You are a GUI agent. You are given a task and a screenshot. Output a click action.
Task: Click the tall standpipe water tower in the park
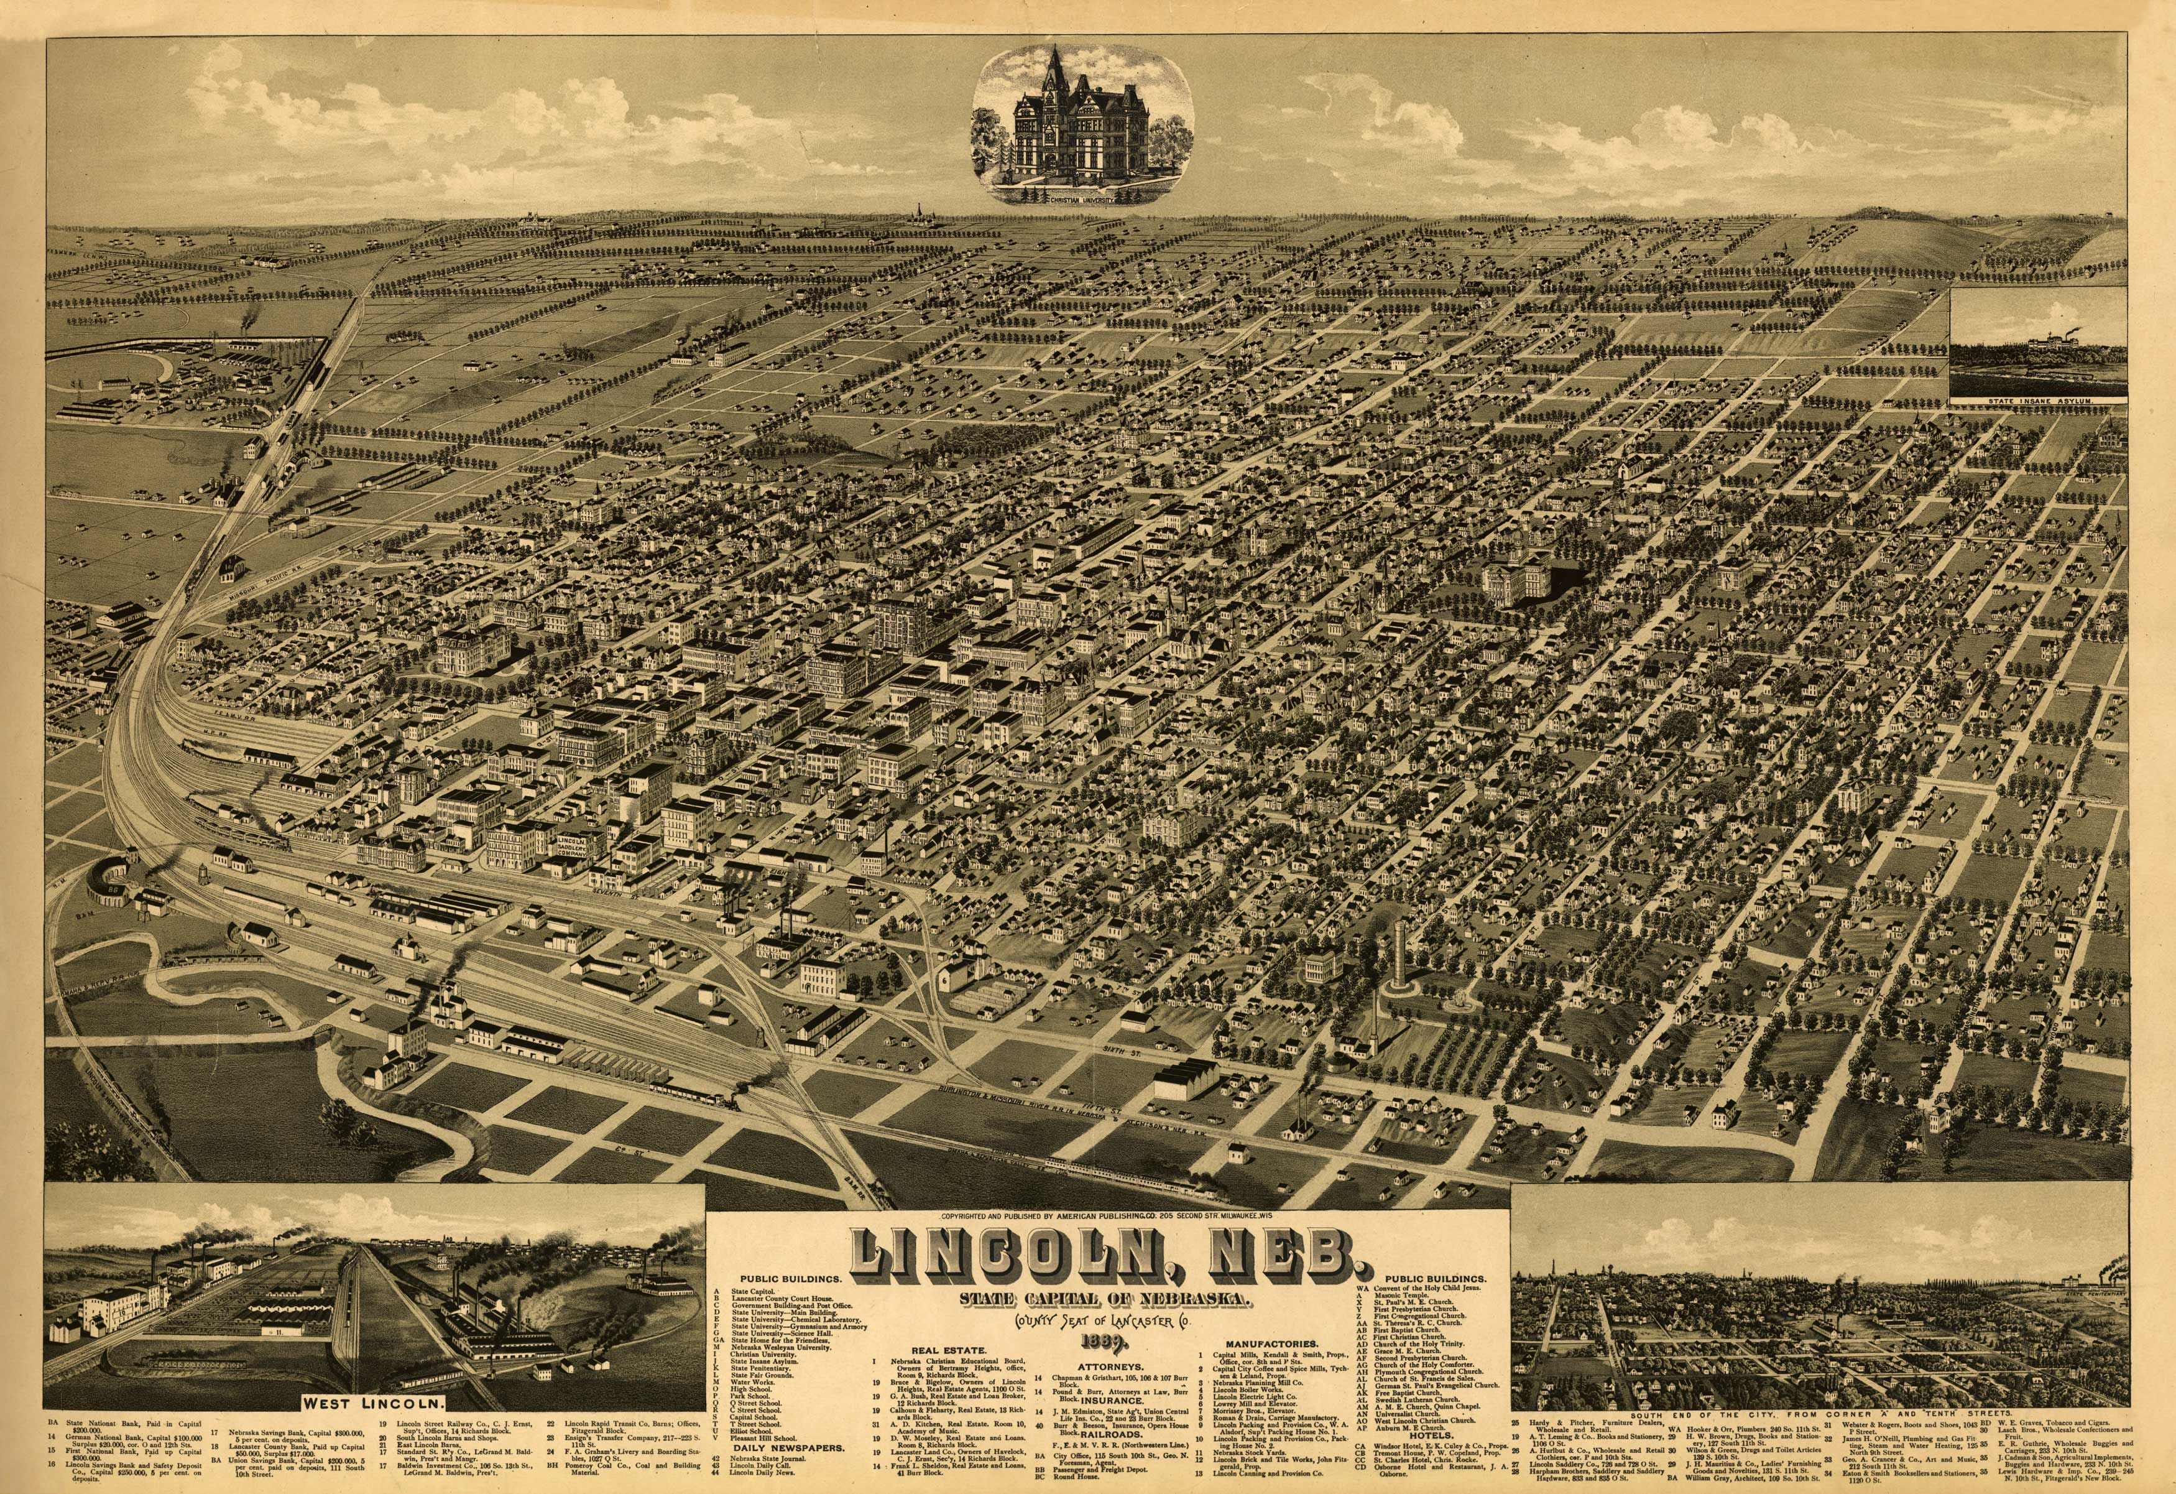[x=1398, y=955]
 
